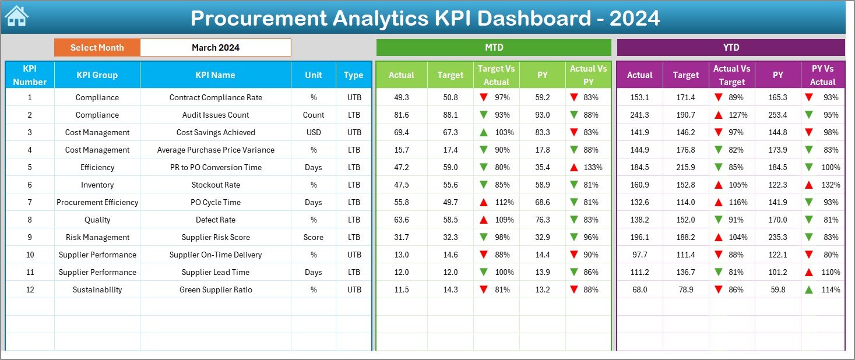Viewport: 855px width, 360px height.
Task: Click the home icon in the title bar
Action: [16, 16]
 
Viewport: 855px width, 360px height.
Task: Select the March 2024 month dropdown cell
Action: [215, 48]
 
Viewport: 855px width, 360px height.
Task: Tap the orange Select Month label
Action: [97, 48]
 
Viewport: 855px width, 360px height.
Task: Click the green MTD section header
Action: [494, 48]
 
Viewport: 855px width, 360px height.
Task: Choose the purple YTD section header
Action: [730, 48]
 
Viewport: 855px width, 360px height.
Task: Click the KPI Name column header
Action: [215, 75]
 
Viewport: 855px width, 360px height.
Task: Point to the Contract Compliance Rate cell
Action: [215, 97]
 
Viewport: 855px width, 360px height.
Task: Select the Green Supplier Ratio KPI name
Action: [215, 290]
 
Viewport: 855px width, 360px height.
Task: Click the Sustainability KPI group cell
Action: [97, 290]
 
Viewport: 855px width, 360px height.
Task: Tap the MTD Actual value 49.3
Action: [402, 97]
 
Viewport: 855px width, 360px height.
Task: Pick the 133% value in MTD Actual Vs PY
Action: [593, 167]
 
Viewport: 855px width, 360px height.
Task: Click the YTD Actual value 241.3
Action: [639, 115]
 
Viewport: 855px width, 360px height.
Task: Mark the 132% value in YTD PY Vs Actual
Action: [831, 185]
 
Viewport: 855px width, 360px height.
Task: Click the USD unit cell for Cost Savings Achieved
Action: [314, 132]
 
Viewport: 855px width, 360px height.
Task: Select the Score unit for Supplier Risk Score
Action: [314, 237]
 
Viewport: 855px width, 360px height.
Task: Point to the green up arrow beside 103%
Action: [483, 132]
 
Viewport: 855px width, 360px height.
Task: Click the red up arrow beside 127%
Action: [719, 115]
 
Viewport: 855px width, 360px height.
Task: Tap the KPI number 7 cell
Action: [30, 202]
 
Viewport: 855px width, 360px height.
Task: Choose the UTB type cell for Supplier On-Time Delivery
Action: [354, 255]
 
